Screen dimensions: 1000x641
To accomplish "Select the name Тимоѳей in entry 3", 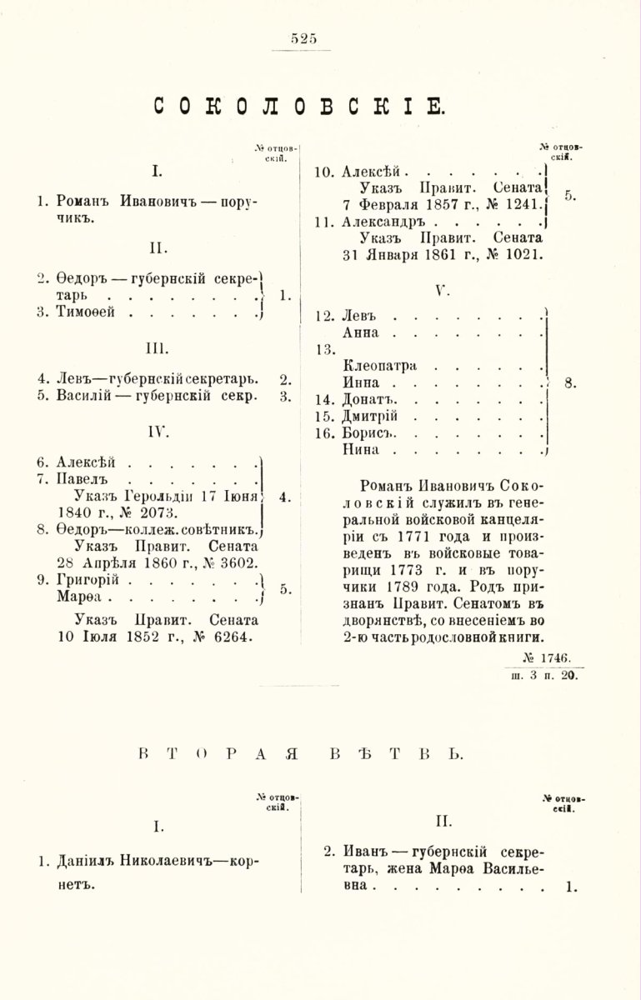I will click(x=85, y=312).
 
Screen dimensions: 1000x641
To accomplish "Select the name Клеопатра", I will click(x=382, y=365).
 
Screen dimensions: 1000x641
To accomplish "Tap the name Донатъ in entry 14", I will click(x=367, y=399).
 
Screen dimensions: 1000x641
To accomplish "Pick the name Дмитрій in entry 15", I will click(x=373, y=416).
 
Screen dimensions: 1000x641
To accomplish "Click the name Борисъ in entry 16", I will click(x=368, y=433).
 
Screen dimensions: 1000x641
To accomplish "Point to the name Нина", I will click(x=361, y=450).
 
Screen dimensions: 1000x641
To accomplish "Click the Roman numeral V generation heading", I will click(x=443, y=291).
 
